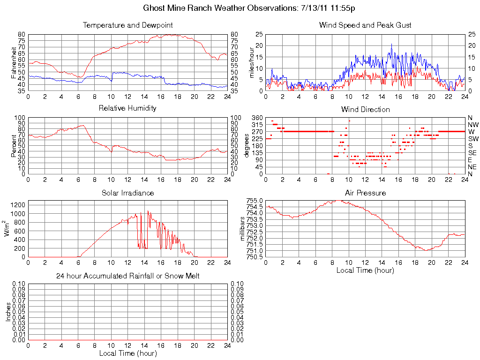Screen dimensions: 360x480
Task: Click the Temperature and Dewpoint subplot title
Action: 127,25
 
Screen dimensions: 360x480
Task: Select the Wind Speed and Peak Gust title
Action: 365,25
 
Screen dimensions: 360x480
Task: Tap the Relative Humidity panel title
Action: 127,108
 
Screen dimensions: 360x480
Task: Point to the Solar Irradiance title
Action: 127,193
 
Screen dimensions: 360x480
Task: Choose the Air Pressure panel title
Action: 365,193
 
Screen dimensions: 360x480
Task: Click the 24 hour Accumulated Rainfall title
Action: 127,276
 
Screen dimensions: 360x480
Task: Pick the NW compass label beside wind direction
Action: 473,125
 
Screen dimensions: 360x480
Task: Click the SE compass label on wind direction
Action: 472,153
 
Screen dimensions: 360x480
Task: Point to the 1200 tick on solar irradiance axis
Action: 19,205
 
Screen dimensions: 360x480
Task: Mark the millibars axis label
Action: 242,229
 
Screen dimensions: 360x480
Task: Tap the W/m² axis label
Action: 7,229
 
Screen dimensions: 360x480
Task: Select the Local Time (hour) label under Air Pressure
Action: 365,270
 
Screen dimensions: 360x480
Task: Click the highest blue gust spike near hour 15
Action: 391,44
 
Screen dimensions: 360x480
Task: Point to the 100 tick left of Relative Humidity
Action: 20,118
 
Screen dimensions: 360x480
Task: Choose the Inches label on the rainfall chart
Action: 7,312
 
